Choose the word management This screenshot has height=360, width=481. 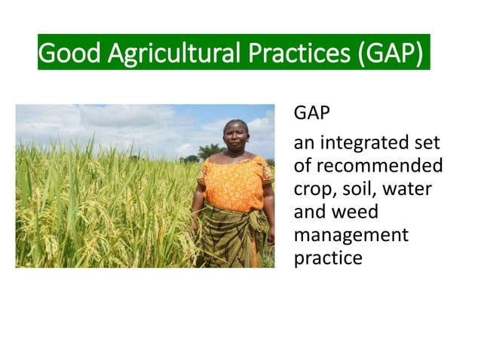tap(351, 235)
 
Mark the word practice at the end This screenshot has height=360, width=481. tap(328, 258)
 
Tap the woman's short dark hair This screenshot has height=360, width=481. tap(236, 123)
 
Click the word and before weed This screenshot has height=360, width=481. tap(310, 212)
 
